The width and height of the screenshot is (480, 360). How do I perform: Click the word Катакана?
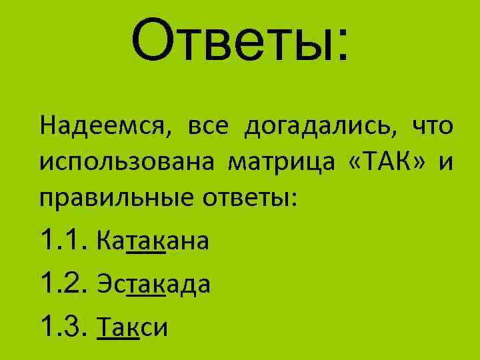152,240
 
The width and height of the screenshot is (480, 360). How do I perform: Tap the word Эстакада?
153,283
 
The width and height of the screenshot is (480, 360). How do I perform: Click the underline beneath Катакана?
145,253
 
